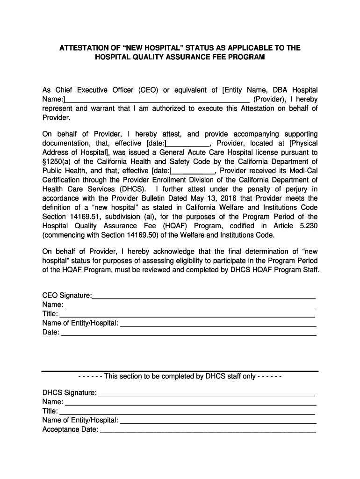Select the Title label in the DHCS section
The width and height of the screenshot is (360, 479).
(x=50, y=411)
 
